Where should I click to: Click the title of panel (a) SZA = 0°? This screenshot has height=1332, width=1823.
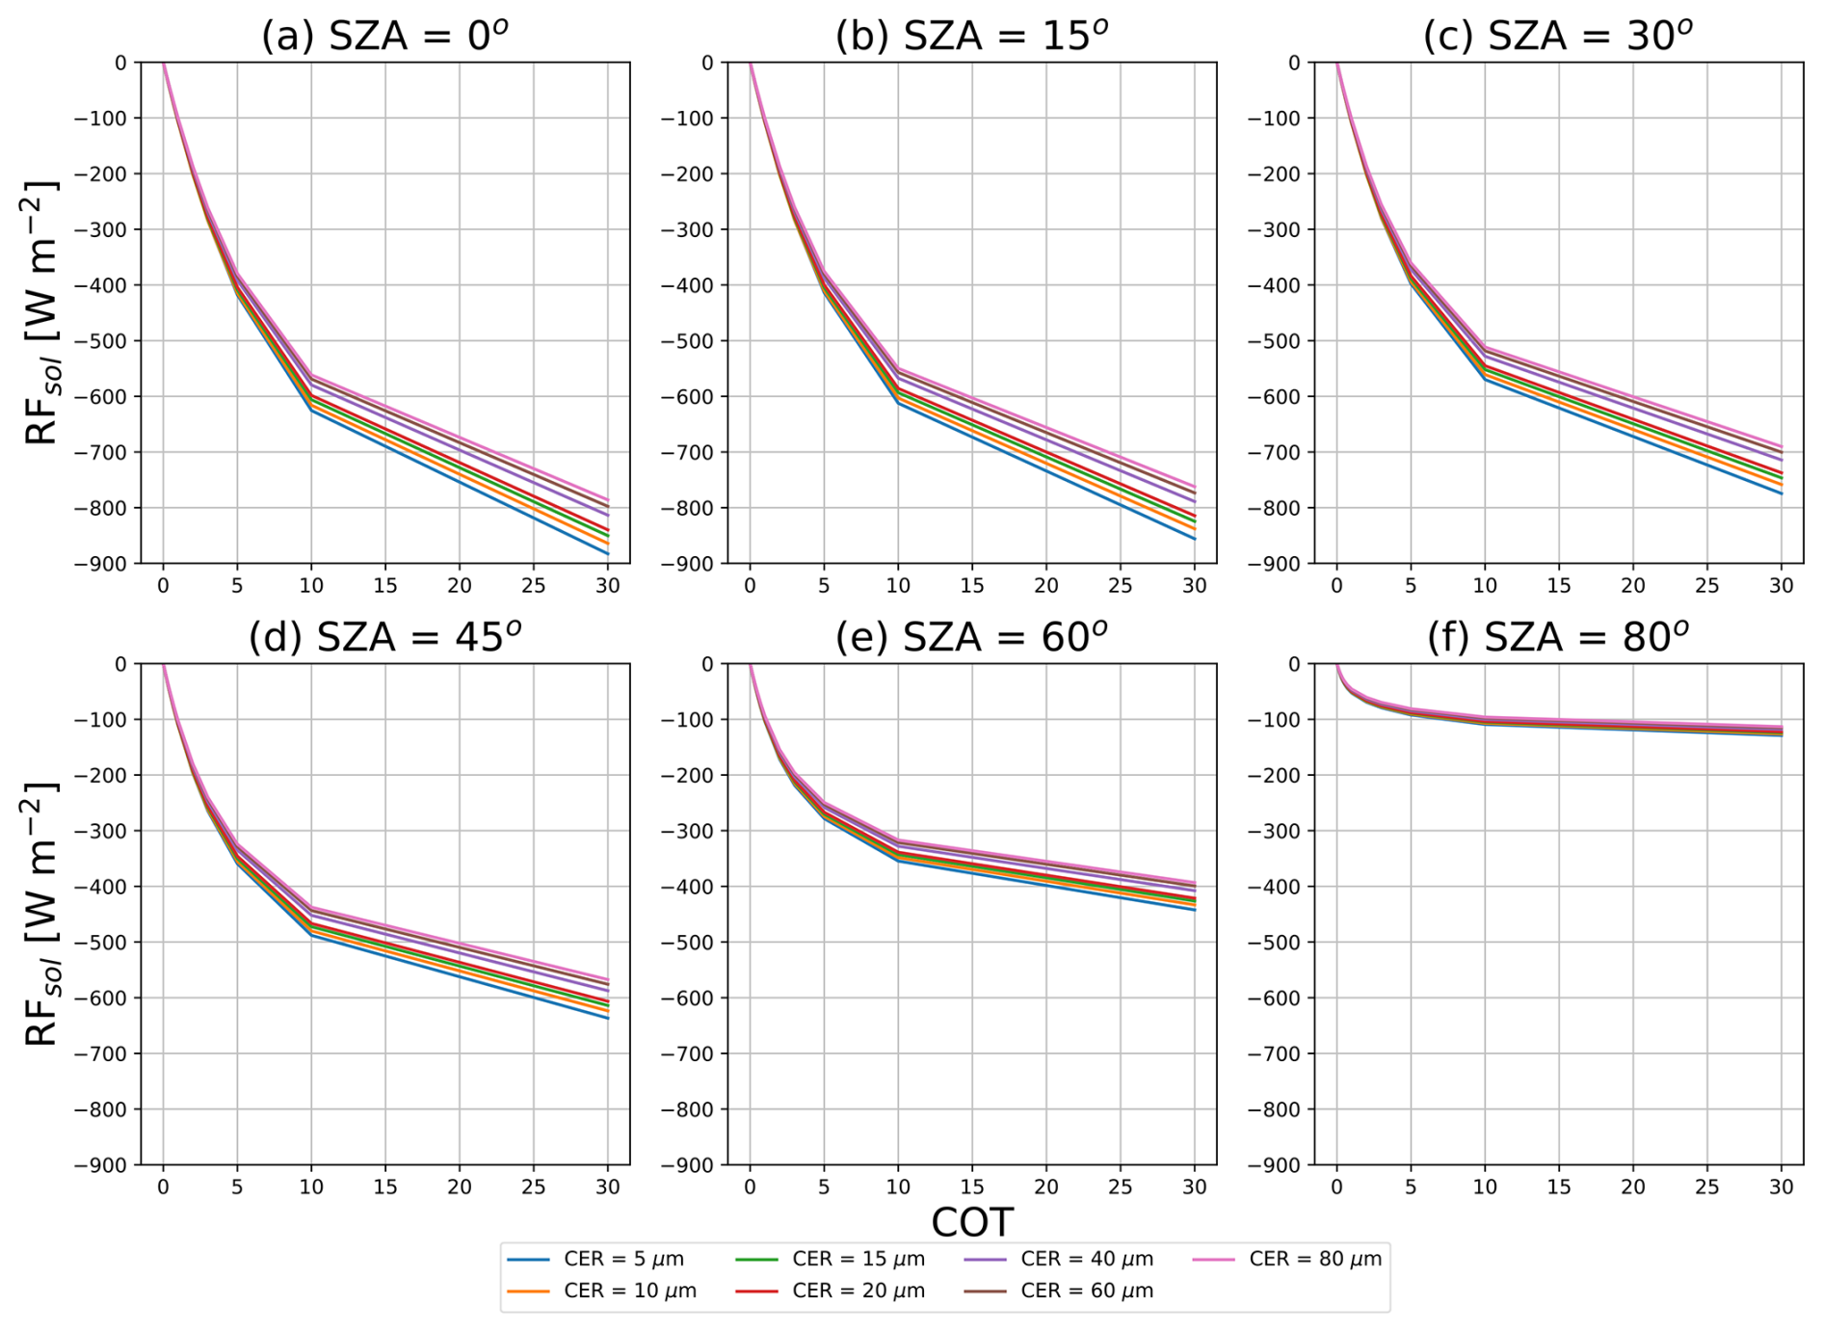pyautogui.click(x=384, y=36)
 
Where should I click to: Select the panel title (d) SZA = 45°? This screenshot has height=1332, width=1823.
pyautogui.click(x=384, y=637)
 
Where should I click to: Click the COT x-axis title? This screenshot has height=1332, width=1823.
pyautogui.click(x=971, y=1222)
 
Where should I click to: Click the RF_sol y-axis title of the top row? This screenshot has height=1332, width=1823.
pyautogui.click(x=40, y=312)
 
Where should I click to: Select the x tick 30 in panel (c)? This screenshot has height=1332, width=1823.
pyautogui.click(x=1781, y=586)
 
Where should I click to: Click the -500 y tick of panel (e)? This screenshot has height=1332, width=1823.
pyautogui.click(x=691, y=943)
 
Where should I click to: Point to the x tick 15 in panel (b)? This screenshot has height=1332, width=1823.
pyautogui.click(x=971, y=586)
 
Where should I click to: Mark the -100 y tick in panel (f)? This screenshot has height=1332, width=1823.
pyautogui.click(x=1278, y=720)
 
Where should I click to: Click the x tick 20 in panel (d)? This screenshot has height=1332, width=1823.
pyautogui.click(x=459, y=1187)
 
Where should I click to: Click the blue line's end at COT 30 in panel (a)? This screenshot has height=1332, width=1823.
pyautogui.click(x=607, y=553)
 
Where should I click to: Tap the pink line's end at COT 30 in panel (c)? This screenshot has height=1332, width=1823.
pyautogui.click(x=1781, y=446)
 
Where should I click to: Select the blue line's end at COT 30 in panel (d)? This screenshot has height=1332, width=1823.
pyautogui.click(x=607, y=1018)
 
